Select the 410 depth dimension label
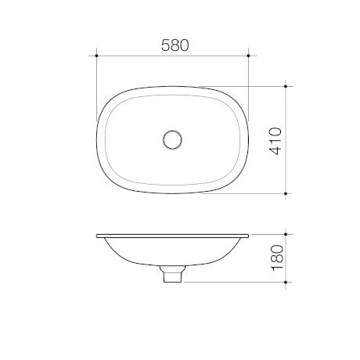click(x=275, y=139)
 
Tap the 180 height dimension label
click(x=275, y=257)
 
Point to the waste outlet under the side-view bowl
click(x=172, y=275)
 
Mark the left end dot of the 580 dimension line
click(x=95, y=56)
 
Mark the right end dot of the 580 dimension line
click(x=249, y=56)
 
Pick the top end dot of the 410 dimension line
click(x=287, y=85)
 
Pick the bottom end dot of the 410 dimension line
click(x=287, y=192)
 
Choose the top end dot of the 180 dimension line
click(x=287, y=233)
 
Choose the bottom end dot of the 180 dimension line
click(x=287, y=281)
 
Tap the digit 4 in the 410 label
click(x=275, y=151)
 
